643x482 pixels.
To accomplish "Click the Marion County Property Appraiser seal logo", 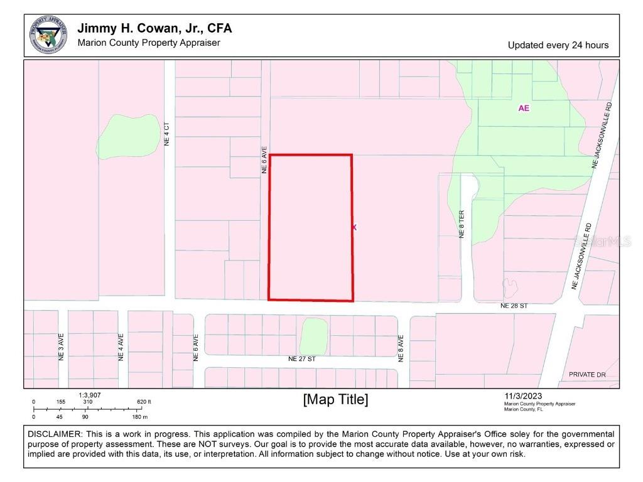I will coord(48,35).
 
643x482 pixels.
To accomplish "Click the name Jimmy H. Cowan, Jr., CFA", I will coord(154,28).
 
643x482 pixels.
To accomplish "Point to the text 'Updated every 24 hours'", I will coord(558,45).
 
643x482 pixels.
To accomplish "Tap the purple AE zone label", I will coord(524,108).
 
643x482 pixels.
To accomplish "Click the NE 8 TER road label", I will coord(462,224).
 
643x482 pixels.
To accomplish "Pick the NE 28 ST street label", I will coord(514,306).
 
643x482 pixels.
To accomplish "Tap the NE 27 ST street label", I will coord(301,359).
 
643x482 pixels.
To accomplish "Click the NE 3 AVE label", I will coord(62,346).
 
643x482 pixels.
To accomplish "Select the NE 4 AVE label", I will coord(121,346).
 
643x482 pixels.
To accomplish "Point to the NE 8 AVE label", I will coord(400,350).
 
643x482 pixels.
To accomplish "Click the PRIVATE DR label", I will coord(587,375).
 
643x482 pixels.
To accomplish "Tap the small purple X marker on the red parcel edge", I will coord(354,227).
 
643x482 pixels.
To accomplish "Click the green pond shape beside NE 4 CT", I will coord(129,136).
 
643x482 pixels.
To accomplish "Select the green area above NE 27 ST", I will coord(313,336).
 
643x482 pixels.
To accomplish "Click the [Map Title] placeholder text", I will coord(335,400).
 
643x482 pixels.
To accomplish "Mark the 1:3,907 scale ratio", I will coord(90,395).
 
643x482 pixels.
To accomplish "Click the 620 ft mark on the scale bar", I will coord(144,402).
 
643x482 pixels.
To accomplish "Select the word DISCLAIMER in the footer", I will coord(54,434).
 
